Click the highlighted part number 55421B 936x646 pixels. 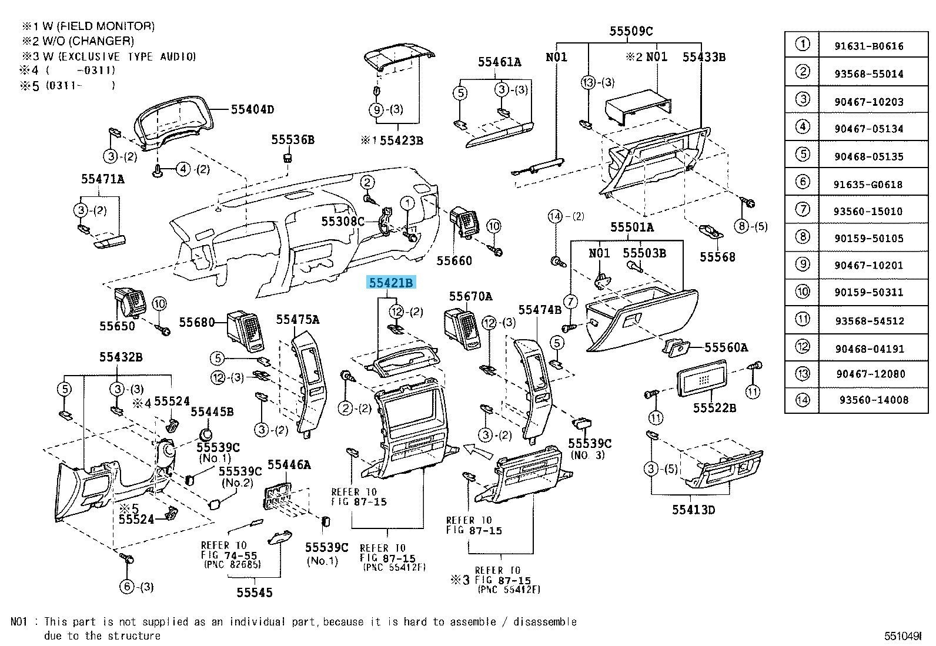(x=391, y=283)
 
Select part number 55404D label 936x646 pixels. (x=252, y=109)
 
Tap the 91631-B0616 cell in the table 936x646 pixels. (x=869, y=46)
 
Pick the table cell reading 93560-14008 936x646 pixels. (x=874, y=400)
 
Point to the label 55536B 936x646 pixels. (x=292, y=139)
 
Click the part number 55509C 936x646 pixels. (x=631, y=31)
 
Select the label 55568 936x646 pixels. (x=717, y=257)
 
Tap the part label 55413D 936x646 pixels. (x=694, y=510)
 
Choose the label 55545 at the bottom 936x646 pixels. (x=255, y=592)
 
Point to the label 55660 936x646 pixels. (x=454, y=260)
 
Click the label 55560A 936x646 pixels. (x=726, y=348)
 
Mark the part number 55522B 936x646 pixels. (x=714, y=407)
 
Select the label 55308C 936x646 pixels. (x=342, y=222)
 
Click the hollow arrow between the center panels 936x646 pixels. (x=477, y=451)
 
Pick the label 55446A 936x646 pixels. (x=289, y=465)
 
